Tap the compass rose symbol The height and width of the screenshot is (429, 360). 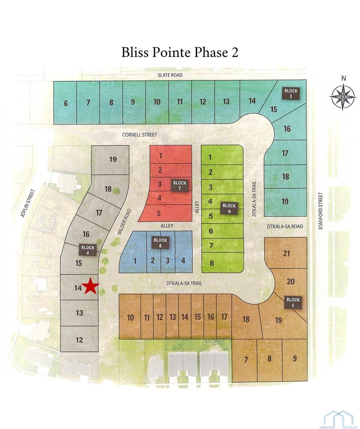[x=343, y=97]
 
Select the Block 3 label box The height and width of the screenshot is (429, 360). [x=291, y=93]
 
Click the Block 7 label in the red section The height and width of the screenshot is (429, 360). [x=180, y=185]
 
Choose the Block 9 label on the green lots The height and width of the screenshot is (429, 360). [x=229, y=208]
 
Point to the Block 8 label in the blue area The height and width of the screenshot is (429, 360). [x=160, y=242]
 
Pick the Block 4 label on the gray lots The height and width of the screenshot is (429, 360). [x=88, y=250]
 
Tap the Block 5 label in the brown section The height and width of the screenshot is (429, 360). [x=293, y=302]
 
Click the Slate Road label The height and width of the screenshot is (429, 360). [x=170, y=75]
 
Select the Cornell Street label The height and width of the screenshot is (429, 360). [x=140, y=135]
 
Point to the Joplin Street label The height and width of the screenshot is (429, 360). [x=28, y=203]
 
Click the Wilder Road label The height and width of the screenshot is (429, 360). [x=124, y=222]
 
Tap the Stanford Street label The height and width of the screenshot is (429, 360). [x=320, y=211]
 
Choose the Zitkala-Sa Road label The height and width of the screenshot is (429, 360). [x=285, y=226]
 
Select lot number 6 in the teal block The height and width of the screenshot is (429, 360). [x=66, y=103]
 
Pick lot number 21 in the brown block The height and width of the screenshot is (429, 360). [x=287, y=254]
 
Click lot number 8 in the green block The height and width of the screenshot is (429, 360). [x=212, y=263]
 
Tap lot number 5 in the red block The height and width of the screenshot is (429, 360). [x=159, y=213]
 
